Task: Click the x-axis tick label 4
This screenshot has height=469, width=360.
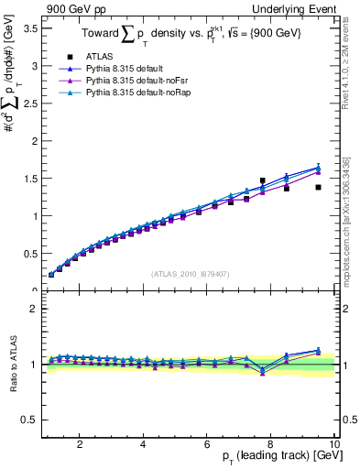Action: click(143, 444)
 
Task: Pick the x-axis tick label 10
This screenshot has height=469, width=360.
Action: click(333, 444)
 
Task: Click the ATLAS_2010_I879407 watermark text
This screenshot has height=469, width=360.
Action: click(189, 274)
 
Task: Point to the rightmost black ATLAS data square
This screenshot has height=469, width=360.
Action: click(318, 187)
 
